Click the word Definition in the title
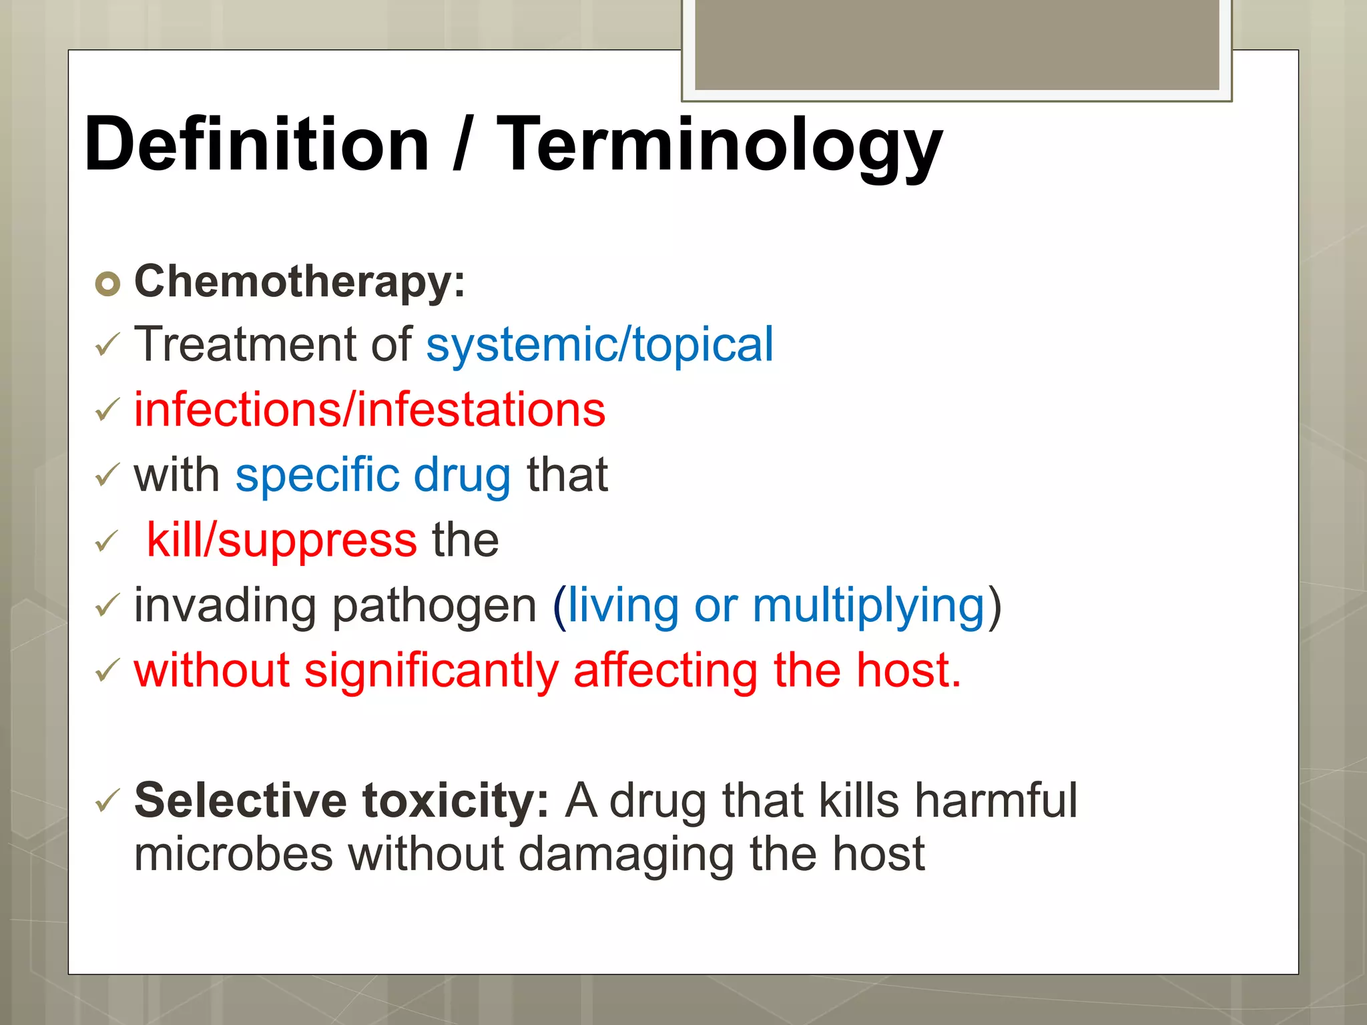pyautogui.click(x=256, y=144)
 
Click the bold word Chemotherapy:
pyautogui.click(x=300, y=281)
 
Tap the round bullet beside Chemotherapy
pyautogui.click(x=107, y=284)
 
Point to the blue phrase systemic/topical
pyautogui.click(x=599, y=345)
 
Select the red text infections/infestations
pyautogui.click(x=370, y=409)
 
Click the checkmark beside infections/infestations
pyautogui.click(x=107, y=409)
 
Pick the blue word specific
pyautogui.click(x=317, y=474)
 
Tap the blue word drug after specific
pyautogui.click(x=462, y=474)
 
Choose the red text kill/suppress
pyautogui.click(x=282, y=539)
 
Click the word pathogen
pyautogui.click(x=434, y=605)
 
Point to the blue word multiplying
pyautogui.click(x=868, y=605)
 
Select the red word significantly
pyautogui.click(x=431, y=671)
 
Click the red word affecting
pyautogui.click(x=665, y=671)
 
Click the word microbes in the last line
pyautogui.click(x=233, y=853)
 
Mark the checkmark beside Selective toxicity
pyautogui.click(x=107, y=799)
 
